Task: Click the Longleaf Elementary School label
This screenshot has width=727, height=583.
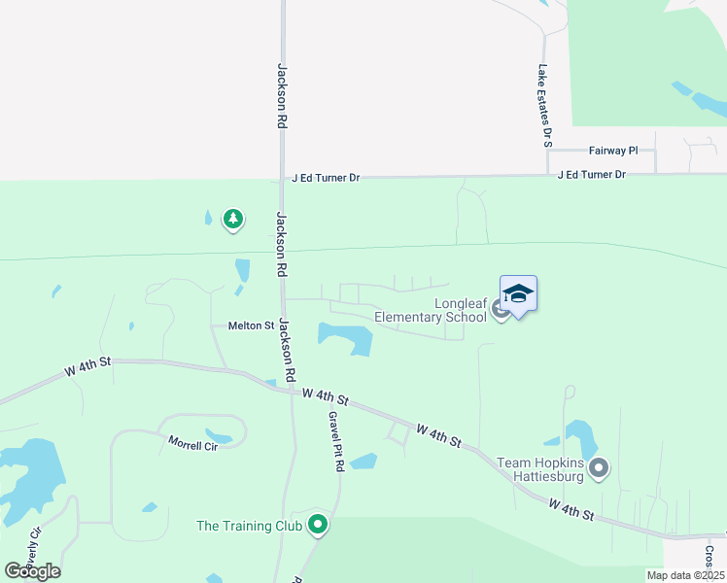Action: pos(432,310)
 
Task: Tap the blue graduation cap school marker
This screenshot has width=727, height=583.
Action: pos(518,294)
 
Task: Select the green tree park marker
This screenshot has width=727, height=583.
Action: pos(232,220)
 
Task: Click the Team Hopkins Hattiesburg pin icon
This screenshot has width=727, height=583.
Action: pos(599,469)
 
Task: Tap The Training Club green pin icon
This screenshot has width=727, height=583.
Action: pos(317,525)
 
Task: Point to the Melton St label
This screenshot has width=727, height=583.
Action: pos(251,326)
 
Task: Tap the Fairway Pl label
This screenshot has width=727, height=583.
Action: pos(613,151)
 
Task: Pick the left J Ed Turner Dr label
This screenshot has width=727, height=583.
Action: pos(326,178)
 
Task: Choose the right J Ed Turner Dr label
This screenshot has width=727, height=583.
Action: pos(592,174)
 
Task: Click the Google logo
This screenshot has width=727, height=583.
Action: pos(32,570)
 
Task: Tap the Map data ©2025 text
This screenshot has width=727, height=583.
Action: pos(685,575)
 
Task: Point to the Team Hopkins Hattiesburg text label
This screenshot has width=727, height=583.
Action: pos(539,469)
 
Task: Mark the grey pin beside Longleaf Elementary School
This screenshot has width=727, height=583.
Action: pos(501,310)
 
